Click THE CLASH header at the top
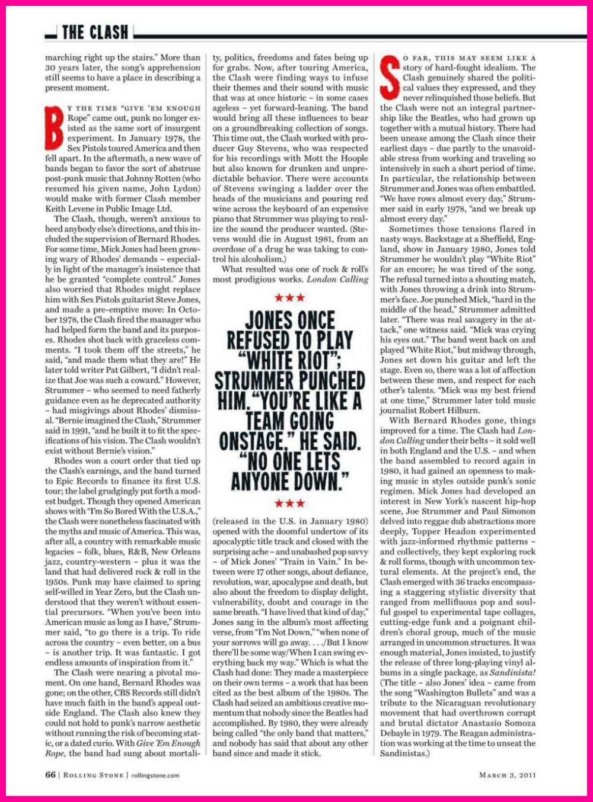[x=95, y=32]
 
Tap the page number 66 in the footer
[x=50, y=775]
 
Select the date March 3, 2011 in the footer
[x=507, y=775]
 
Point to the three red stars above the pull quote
[x=290, y=297]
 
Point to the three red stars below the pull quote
[x=290, y=503]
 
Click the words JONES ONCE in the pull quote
[x=290, y=321]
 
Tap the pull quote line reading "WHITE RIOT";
[x=290, y=361]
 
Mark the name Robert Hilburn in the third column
[x=462, y=410]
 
